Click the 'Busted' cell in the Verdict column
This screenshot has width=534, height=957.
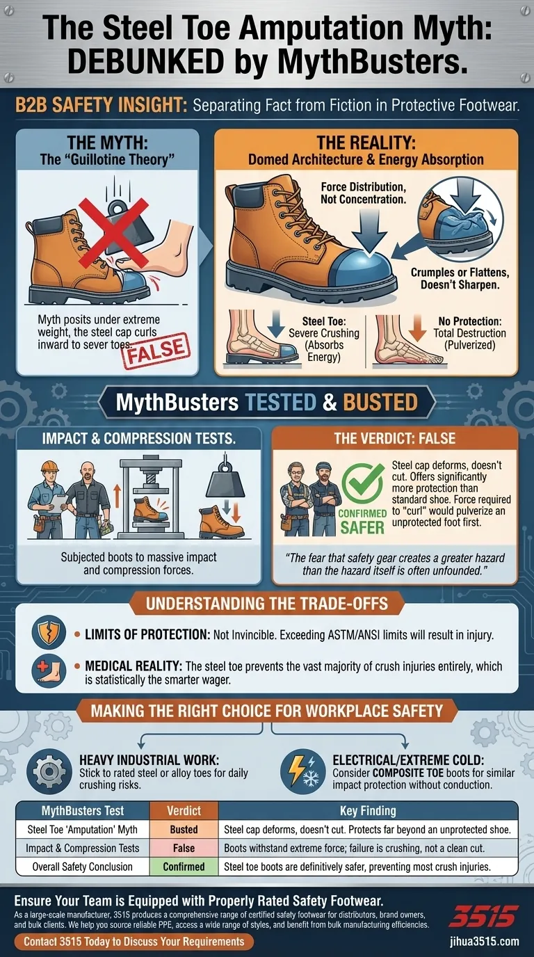click(x=184, y=829)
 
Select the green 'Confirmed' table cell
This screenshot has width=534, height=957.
click(x=184, y=867)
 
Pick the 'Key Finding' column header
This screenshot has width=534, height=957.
click(x=368, y=811)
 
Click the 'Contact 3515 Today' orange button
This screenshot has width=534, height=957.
click(x=133, y=942)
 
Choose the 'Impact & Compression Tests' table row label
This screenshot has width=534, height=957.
click(x=83, y=848)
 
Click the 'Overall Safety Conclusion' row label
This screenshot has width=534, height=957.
click(x=83, y=867)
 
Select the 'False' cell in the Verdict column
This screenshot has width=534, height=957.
click(x=184, y=848)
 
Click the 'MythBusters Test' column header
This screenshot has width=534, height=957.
click(x=83, y=811)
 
